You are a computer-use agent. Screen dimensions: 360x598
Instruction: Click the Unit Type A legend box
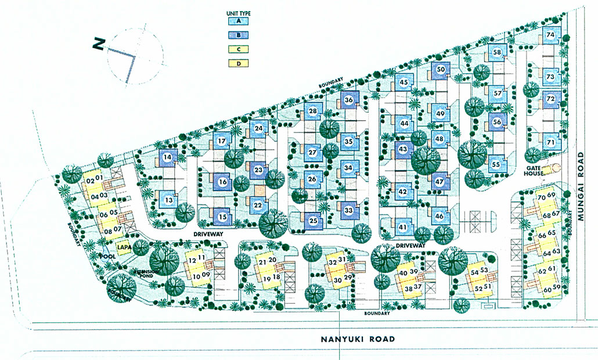tap(239, 21)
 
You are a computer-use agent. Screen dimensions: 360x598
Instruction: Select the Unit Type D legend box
tap(239, 63)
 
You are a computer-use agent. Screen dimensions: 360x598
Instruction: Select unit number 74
tap(550, 35)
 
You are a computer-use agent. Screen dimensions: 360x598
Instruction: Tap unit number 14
tap(167, 157)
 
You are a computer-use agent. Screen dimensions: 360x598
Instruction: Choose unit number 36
tap(349, 100)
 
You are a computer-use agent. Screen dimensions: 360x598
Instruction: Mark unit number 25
tap(313, 221)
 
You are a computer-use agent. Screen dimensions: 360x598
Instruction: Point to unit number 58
tap(497, 52)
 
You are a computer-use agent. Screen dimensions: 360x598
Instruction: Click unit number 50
tap(441, 70)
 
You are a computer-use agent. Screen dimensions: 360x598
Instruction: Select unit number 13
tap(168, 200)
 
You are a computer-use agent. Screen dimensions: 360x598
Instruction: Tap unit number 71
tap(550, 142)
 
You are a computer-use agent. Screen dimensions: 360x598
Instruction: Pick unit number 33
tap(349, 210)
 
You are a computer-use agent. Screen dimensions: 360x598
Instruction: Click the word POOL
tap(108, 256)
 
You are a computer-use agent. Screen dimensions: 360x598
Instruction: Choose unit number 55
tap(496, 164)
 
